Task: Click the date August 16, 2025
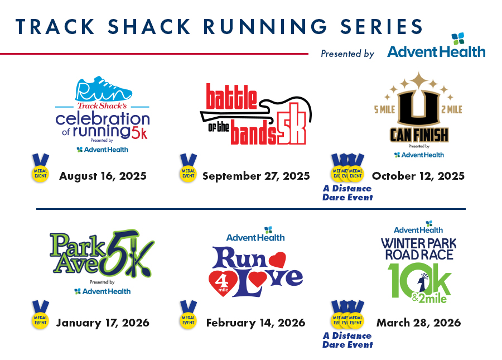(x=103, y=176)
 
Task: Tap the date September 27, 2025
(x=256, y=176)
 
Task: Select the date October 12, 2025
(x=418, y=176)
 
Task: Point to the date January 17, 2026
(x=103, y=323)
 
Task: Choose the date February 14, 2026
(x=255, y=323)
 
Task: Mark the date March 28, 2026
(x=418, y=323)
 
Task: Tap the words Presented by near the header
(x=347, y=54)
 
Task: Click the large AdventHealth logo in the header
(x=436, y=48)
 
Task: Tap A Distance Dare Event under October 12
(x=347, y=193)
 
